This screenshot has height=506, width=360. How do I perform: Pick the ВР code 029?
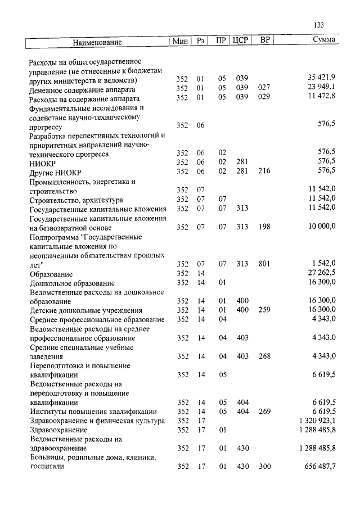(x=264, y=97)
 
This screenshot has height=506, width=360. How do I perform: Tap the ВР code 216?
(x=264, y=171)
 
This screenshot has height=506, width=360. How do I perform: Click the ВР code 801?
(x=264, y=264)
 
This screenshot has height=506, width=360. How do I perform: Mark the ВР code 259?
(x=264, y=310)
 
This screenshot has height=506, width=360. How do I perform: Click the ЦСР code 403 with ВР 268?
(x=242, y=356)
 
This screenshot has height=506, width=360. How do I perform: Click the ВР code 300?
(x=264, y=467)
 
